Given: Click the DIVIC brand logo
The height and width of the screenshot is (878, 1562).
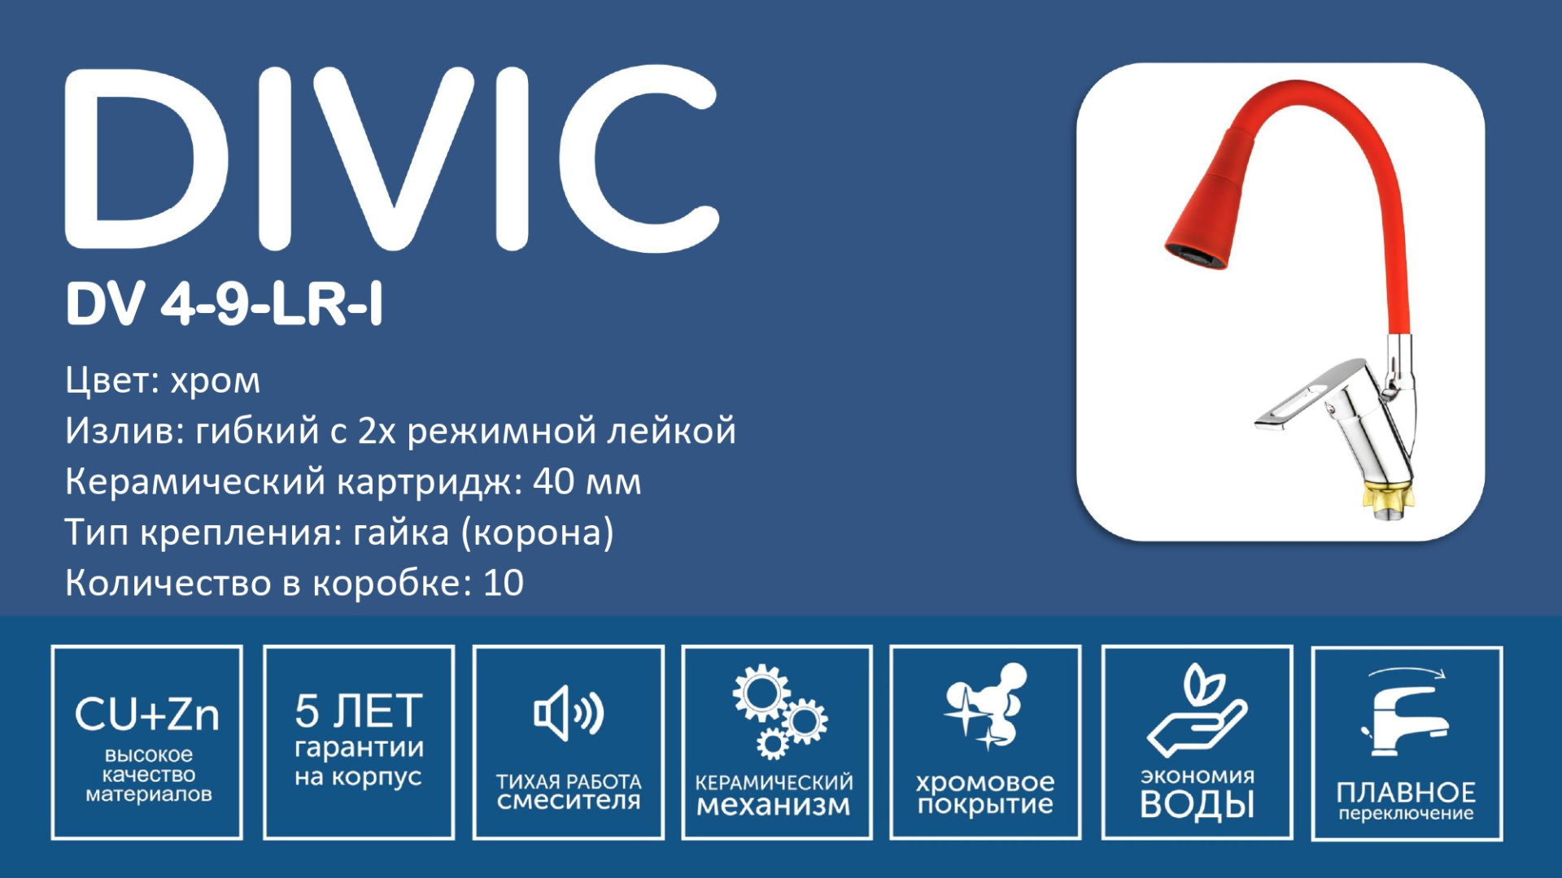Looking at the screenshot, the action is [x=392, y=159].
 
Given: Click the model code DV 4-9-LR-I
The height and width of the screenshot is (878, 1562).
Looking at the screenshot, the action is [x=224, y=304].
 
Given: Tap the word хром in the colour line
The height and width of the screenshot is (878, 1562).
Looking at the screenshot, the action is [x=216, y=380].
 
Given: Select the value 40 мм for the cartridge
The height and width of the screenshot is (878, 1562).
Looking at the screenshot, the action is [x=587, y=482].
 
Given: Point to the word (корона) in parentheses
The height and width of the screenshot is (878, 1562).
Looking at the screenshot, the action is [x=538, y=533].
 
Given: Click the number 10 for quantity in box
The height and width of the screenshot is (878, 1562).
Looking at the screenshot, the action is [x=504, y=583].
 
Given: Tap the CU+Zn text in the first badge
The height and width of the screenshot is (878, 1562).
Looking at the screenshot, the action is [x=147, y=715].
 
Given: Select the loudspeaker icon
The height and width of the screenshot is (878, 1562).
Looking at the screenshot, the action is [x=569, y=713].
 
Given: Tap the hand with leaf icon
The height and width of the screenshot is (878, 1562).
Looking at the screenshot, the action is [x=1197, y=710].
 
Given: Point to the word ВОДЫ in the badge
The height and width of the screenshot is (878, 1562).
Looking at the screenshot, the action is [x=1197, y=805].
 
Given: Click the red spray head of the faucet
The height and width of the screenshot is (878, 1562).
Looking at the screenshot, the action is [x=1206, y=214].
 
